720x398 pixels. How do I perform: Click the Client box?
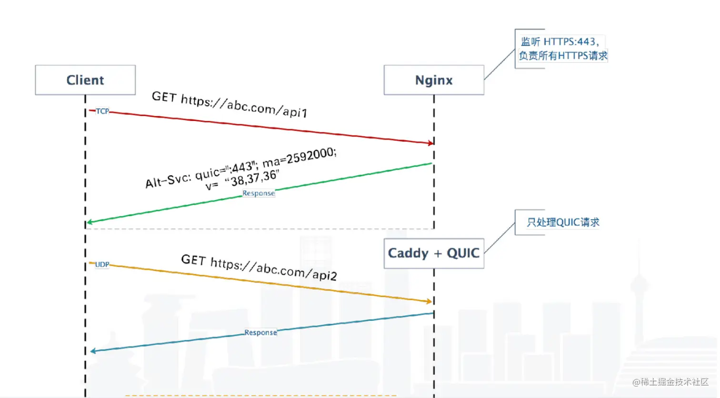pyautogui.click(x=85, y=80)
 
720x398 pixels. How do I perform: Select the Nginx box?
pyautogui.click(x=434, y=80)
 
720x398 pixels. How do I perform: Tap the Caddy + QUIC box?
pyautogui.click(x=434, y=253)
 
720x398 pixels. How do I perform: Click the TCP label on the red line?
pyautogui.click(x=102, y=111)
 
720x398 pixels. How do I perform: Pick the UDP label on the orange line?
pyautogui.click(x=102, y=264)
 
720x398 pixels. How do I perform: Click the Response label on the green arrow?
pyautogui.click(x=259, y=193)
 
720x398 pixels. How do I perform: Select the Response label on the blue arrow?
pyautogui.click(x=260, y=332)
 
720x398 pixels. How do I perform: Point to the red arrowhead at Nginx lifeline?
pyautogui.click(x=430, y=143)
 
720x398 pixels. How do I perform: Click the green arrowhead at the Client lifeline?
pyautogui.click(x=90, y=222)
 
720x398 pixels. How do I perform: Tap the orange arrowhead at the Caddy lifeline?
pyautogui.click(x=429, y=301)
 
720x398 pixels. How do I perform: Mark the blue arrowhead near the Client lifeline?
pyautogui.click(x=93, y=351)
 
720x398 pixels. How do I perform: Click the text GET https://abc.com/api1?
pyautogui.click(x=230, y=104)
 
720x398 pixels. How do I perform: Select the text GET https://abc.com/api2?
pyautogui.click(x=259, y=268)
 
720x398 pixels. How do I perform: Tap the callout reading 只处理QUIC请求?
pyautogui.click(x=563, y=222)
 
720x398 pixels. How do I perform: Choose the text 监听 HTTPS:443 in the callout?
pyautogui.click(x=560, y=42)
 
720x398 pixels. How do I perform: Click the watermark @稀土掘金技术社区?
pyautogui.click(x=670, y=382)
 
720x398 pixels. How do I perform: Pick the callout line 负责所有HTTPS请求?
pyautogui.click(x=563, y=56)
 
